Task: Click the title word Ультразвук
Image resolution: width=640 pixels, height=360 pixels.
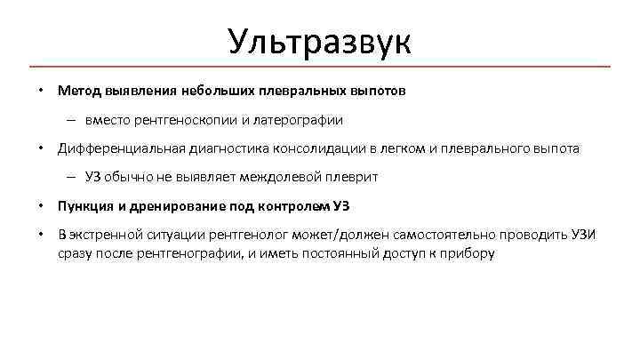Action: click(319, 41)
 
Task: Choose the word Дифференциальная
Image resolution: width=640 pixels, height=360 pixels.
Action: click(116, 148)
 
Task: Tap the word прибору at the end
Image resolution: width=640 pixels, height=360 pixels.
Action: click(468, 253)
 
